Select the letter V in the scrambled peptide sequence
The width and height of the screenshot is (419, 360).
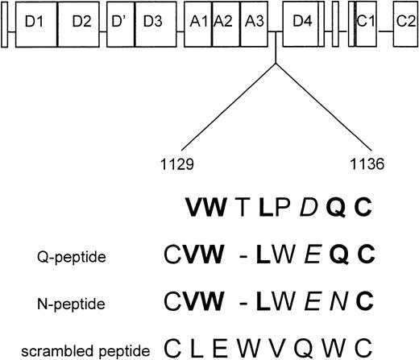(x=273, y=347)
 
